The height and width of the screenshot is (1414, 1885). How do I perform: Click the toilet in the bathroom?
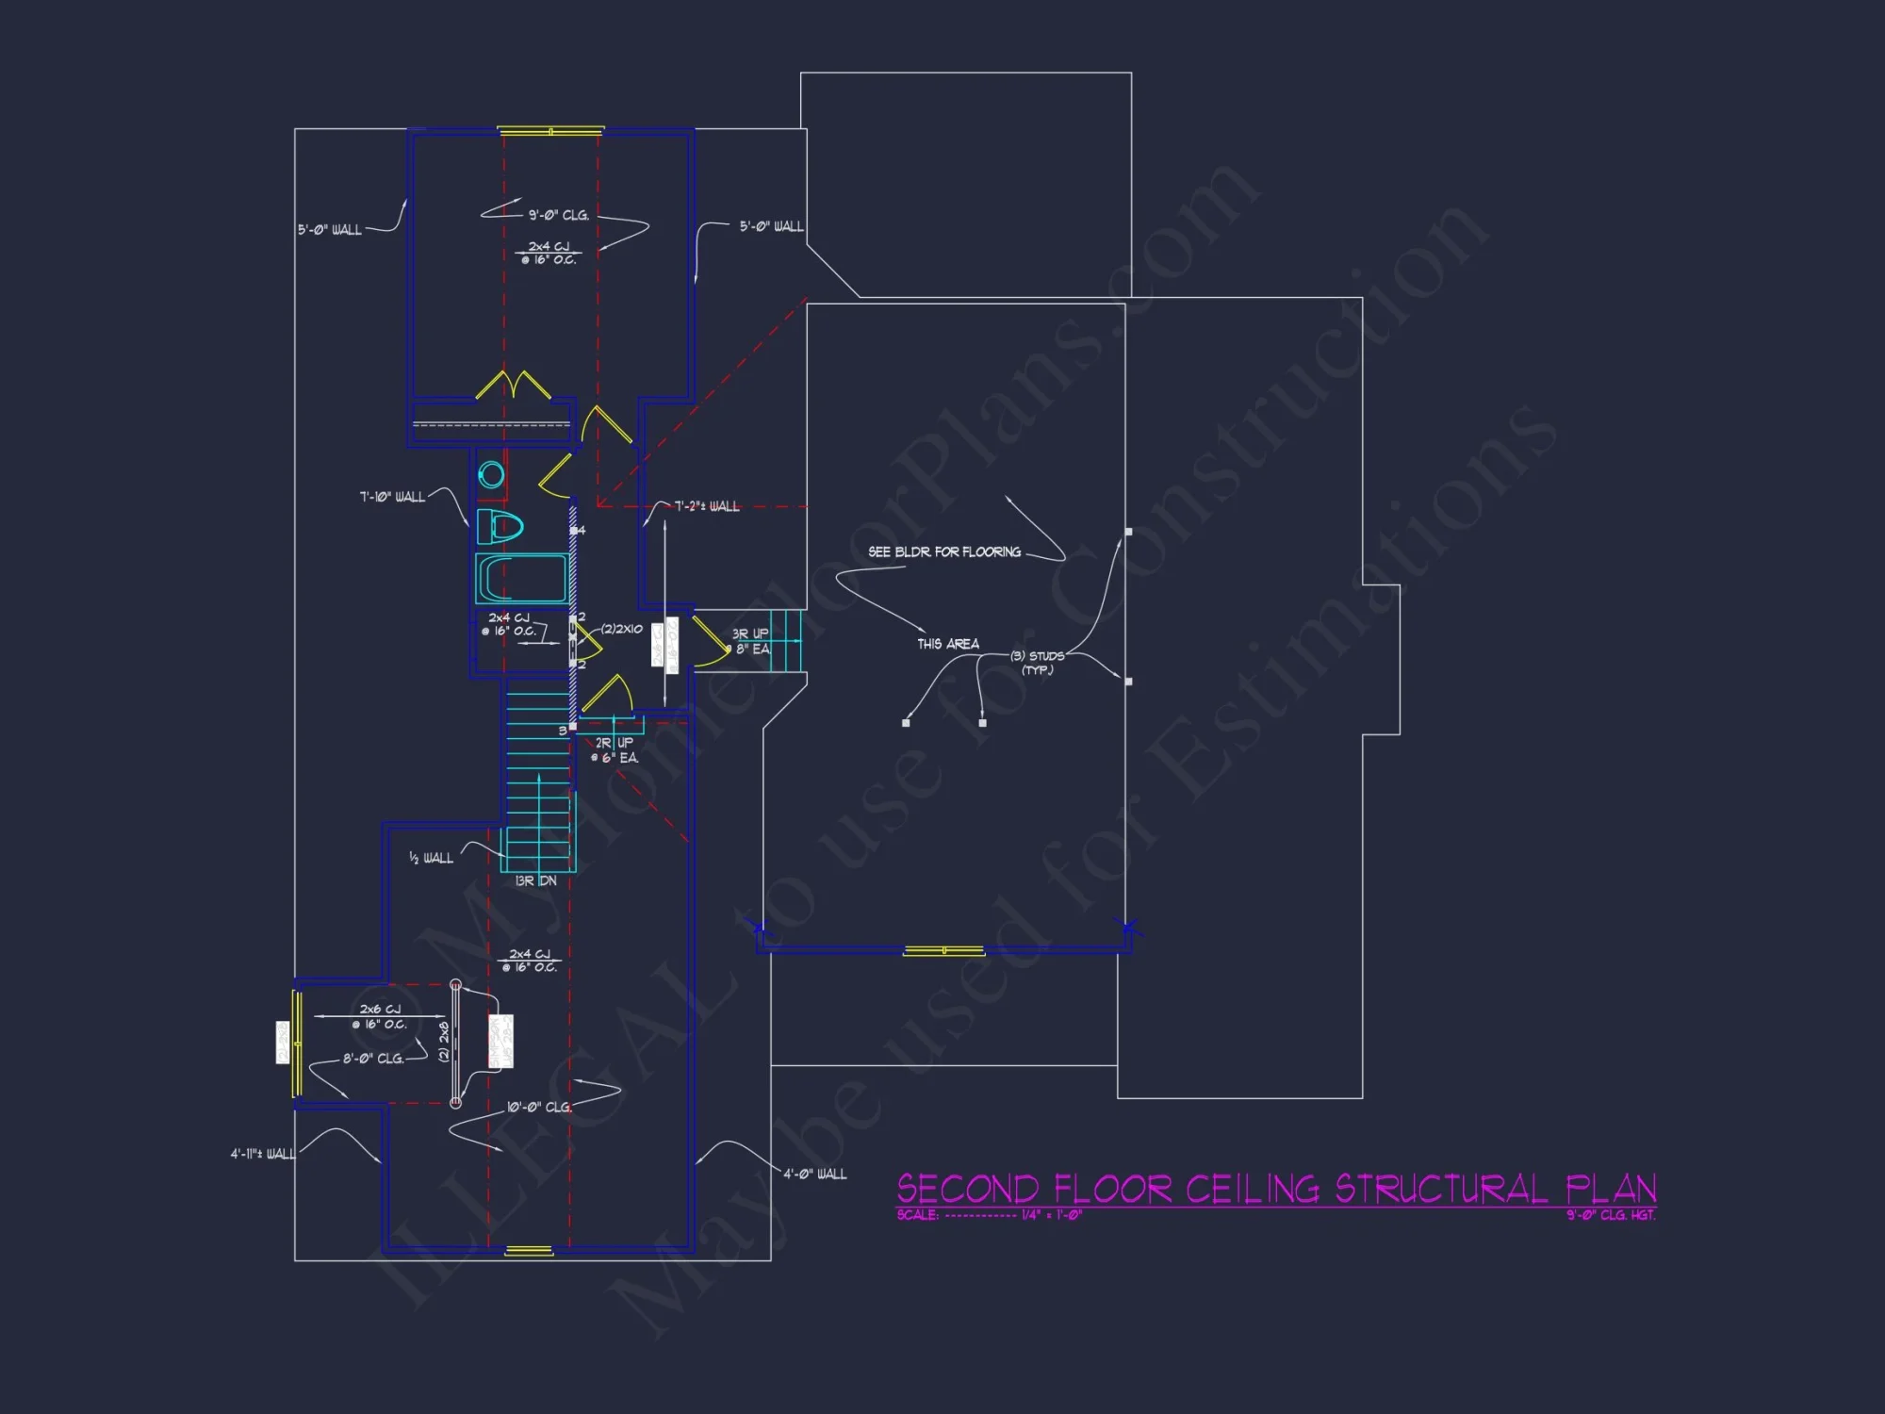click(499, 526)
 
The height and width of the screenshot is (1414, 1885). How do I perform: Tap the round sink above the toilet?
click(491, 475)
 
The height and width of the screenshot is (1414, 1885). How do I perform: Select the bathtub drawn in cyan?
click(521, 577)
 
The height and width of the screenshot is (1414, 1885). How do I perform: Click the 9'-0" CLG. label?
click(558, 216)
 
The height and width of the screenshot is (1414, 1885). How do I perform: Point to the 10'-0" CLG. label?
click(539, 1108)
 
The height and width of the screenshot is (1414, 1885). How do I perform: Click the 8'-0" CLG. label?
click(373, 1059)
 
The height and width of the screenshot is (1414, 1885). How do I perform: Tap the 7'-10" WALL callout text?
click(392, 497)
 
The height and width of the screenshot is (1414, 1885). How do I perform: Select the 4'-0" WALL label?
click(815, 1174)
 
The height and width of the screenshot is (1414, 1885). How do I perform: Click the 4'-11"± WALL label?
click(263, 1154)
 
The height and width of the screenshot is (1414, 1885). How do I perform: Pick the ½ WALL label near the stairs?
click(431, 858)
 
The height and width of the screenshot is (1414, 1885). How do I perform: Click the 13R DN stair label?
click(535, 881)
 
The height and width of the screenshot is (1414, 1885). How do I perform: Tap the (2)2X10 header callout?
click(622, 629)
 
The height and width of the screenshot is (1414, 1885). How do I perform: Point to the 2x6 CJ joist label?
click(380, 1010)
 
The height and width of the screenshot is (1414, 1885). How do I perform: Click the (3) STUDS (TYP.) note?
click(1037, 662)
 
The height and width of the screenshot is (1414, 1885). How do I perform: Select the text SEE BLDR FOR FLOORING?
click(944, 552)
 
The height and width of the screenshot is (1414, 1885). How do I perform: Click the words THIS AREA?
click(948, 644)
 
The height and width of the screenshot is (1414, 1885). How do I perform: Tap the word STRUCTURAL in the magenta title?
click(1441, 1189)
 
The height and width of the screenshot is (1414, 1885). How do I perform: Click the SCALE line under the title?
click(990, 1215)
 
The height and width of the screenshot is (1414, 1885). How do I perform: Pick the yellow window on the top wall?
click(550, 131)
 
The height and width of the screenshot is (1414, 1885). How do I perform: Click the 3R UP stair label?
click(750, 634)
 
